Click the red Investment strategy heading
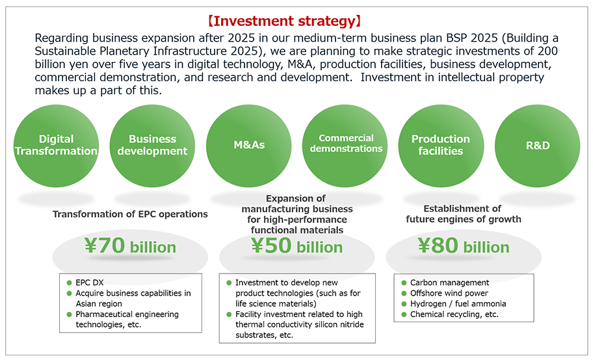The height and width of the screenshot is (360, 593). click(x=284, y=21)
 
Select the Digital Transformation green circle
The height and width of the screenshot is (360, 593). click(x=56, y=146)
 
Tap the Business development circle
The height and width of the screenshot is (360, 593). click(x=152, y=146)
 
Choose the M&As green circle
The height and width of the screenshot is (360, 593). click(x=249, y=146)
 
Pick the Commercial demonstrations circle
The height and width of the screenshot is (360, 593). click(x=345, y=146)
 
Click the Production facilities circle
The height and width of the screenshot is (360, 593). click(x=441, y=146)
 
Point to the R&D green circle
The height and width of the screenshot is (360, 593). click(x=537, y=146)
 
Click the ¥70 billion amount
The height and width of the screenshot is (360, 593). click(x=130, y=246)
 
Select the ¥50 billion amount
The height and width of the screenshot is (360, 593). click(x=297, y=246)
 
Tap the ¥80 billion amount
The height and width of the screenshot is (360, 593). click(x=464, y=246)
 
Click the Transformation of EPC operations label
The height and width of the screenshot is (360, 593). click(x=130, y=214)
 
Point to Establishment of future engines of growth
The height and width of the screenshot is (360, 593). click(x=463, y=214)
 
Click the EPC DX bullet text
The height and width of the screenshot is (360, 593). click(x=90, y=283)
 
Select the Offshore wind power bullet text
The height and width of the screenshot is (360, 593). click(x=449, y=293)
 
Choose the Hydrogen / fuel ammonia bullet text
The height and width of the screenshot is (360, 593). click(x=458, y=303)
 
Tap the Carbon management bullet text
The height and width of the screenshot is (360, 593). click(x=450, y=283)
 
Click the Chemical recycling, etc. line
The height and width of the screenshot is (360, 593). click(x=455, y=315)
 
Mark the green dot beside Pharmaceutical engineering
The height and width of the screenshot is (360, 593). click(x=69, y=315)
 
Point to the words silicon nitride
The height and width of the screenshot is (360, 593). click(x=339, y=324)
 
